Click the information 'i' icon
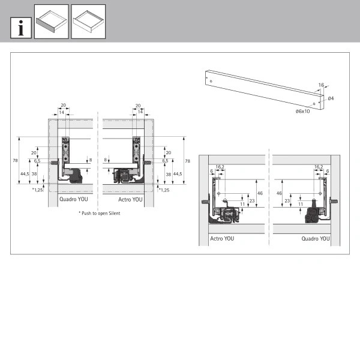coord(21,28)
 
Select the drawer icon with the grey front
coord(52,22)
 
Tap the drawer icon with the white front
coord(88,22)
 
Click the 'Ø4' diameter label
coord(331,98)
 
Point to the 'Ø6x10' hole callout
coord(302,112)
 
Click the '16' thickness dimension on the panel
coord(321,85)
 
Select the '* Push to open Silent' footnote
coord(100,213)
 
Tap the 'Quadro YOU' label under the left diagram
coord(74,199)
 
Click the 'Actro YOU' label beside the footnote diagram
coord(130,200)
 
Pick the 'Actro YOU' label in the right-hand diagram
coord(222,239)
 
